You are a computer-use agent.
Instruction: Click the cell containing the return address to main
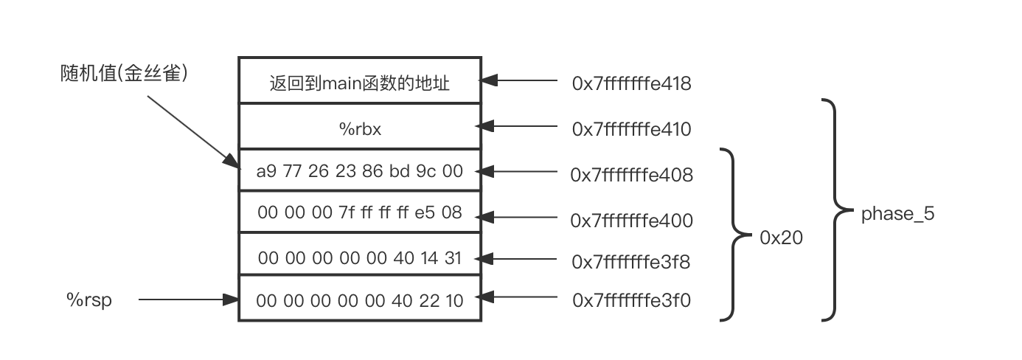point(360,83)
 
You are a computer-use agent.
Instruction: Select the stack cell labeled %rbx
point(360,129)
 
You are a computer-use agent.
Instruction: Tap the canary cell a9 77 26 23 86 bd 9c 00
point(360,172)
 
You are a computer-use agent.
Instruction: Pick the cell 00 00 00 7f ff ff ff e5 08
point(360,212)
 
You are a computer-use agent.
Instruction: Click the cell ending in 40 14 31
point(360,257)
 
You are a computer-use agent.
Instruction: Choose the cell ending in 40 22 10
point(360,300)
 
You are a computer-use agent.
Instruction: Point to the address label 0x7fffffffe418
point(631,83)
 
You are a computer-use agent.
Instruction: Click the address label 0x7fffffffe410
point(631,129)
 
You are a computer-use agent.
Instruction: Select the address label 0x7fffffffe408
point(631,175)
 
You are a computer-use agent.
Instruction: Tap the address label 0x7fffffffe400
point(631,220)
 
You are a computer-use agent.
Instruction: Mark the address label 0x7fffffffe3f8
point(631,261)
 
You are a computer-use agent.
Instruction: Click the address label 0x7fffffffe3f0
point(631,300)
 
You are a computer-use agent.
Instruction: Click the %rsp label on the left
point(89,300)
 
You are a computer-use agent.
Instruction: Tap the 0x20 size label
point(781,238)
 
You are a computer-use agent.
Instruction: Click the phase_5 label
point(897,215)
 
